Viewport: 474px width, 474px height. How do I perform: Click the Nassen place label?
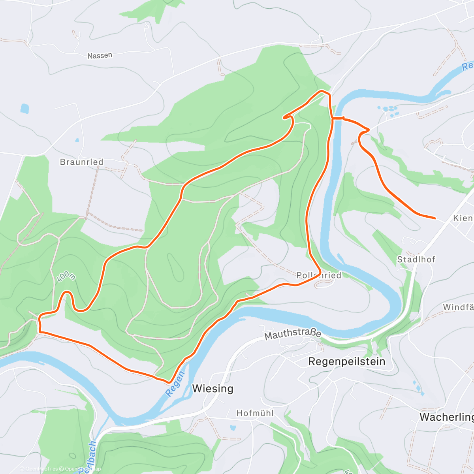click(100, 56)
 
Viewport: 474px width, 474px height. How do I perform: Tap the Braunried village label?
click(81, 162)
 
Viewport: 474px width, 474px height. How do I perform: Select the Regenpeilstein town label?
click(346, 361)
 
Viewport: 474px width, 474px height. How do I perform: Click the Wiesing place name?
click(213, 389)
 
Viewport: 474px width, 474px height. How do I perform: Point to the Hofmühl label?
click(255, 414)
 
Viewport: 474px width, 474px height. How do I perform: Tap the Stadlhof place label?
click(416, 260)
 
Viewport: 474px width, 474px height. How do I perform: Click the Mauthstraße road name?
click(293, 334)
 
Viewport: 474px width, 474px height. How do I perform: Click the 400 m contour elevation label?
click(66, 276)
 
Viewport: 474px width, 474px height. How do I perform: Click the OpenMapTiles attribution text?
click(41, 469)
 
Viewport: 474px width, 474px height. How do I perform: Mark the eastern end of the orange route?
click(435, 218)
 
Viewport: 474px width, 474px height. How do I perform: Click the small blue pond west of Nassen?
click(25, 108)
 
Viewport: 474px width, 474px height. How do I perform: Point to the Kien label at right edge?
click(463, 218)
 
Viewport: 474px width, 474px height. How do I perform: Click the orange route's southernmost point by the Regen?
click(169, 382)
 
